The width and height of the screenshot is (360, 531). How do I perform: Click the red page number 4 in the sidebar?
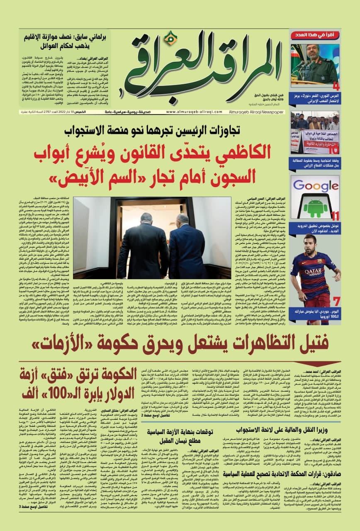coord(336,87)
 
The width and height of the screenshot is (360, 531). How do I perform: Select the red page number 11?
coord(335,216)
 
